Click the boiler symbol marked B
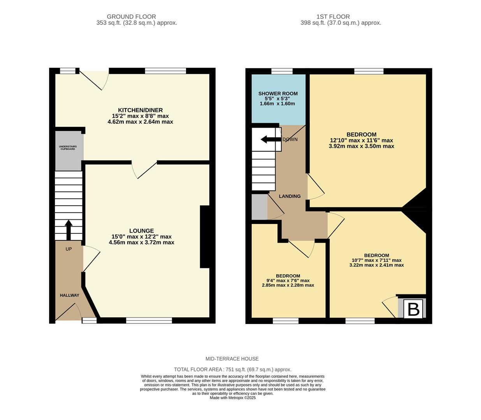413,309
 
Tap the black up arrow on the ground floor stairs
68,230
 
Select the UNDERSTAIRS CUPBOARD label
68,148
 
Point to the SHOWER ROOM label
278,93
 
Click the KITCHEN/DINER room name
140,110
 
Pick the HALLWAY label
69,295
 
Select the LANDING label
290,196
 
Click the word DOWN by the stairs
290,139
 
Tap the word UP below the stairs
68,249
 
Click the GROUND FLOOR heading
131,17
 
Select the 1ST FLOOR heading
333,17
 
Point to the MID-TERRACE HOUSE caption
232,359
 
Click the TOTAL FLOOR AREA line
232,369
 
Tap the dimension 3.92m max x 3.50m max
361,146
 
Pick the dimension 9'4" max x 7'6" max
288,280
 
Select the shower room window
282,71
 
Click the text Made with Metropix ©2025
232,397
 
